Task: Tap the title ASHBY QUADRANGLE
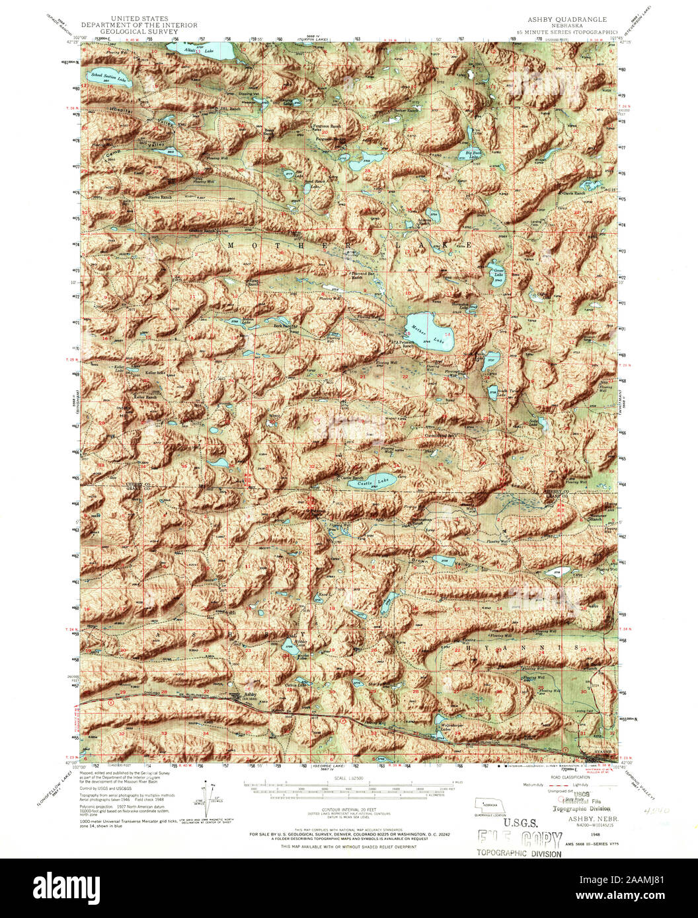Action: click(566, 20)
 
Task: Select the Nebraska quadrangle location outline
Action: click(490, 806)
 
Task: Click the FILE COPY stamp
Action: click(519, 839)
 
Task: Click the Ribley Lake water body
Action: click(288, 645)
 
